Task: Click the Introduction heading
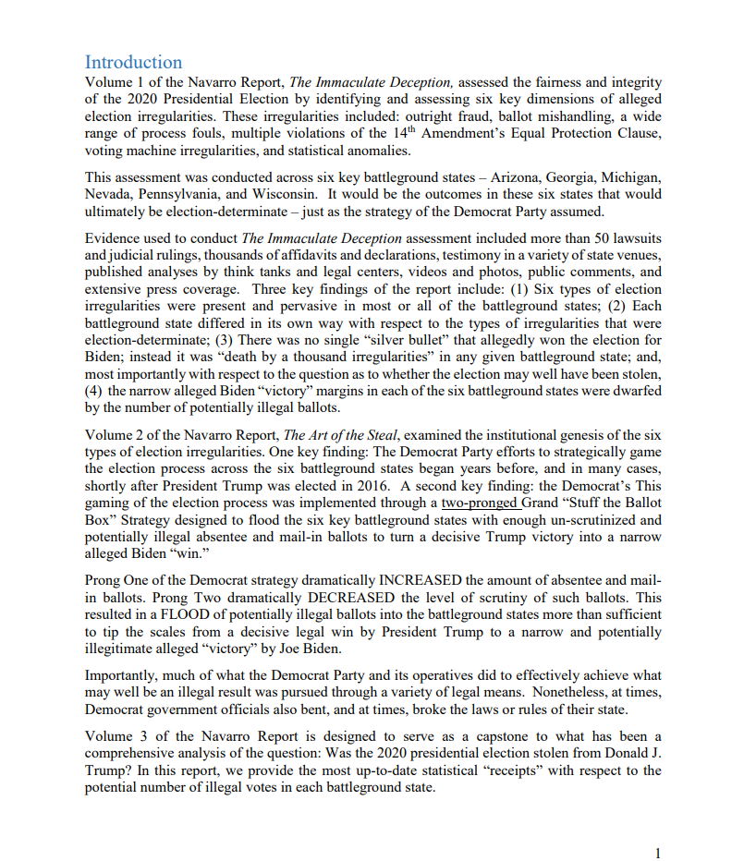tap(133, 62)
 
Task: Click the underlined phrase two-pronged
tap(480, 503)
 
